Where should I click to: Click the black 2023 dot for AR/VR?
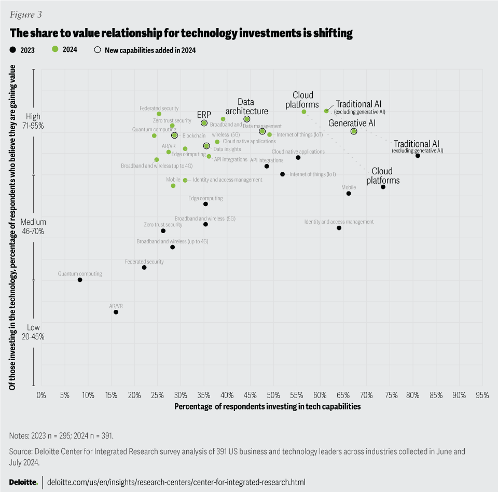[x=116, y=312]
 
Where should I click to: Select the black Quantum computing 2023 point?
[x=80, y=280]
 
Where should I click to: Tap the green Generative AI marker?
[x=354, y=131]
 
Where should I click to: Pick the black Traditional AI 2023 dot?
[x=418, y=156]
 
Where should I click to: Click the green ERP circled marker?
[x=204, y=123]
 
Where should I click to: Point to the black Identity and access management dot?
[x=339, y=228]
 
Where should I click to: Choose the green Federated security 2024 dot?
[x=159, y=114]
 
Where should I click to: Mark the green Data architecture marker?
[x=247, y=119]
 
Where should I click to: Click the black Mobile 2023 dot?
[x=349, y=193]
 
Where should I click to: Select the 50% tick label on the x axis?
[x=273, y=395]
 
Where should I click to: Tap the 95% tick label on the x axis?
[x=482, y=395]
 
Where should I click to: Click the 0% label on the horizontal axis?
[x=41, y=395]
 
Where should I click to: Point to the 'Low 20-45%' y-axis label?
[x=33, y=332]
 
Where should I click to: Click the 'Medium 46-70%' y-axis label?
[x=32, y=227]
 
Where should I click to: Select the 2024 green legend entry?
[x=65, y=50]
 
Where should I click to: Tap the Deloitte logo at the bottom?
[x=23, y=482]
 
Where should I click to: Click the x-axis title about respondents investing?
[x=267, y=407]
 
